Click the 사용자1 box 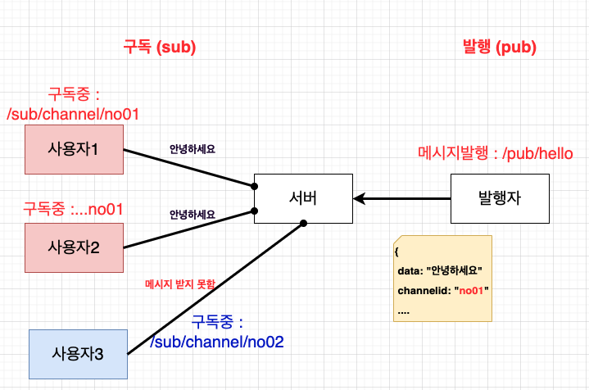coord(74,150)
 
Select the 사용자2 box coord(74,247)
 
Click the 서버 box coord(302,197)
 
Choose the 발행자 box coord(500,197)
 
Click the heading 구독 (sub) coord(159,47)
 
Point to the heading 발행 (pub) coord(499,47)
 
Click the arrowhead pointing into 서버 coord(359,198)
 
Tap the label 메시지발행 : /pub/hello coord(495,153)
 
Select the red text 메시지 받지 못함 coord(179,284)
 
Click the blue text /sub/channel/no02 coord(216,342)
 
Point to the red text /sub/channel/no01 coord(73,114)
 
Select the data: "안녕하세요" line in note coord(439,270)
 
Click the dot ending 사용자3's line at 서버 coord(303,223)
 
